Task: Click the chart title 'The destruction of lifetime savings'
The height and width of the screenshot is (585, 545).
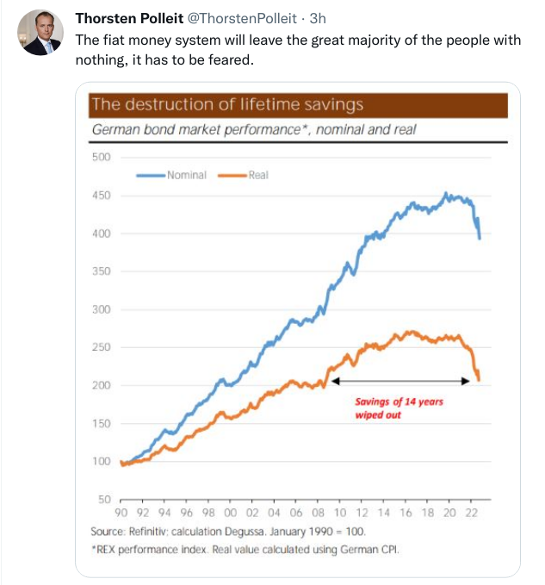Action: point(227,105)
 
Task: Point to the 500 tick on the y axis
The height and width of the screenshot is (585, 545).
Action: point(102,157)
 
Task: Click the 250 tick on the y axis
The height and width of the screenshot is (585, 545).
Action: point(102,347)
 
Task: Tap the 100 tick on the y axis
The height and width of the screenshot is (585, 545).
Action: point(102,462)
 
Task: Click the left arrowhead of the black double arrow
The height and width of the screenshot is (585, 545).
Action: point(334,380)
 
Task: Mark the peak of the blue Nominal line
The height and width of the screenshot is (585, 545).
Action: point(445,193)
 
